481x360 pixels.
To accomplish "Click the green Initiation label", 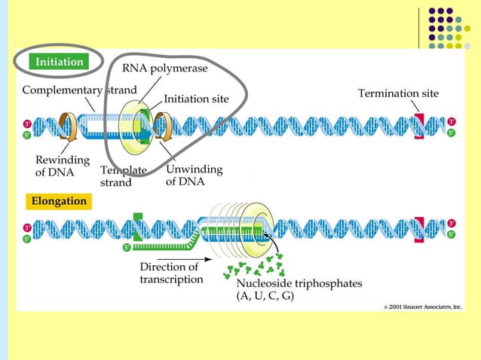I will (x=60, y=62).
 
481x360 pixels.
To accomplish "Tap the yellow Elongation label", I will (x=59, y=201).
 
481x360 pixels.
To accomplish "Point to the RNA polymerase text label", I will (x=165, y=68).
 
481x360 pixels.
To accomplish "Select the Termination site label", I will (x=398, y=93).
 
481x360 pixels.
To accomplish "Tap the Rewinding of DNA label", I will (x=63, y=165).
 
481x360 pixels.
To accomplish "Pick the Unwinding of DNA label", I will (x=194, y=175).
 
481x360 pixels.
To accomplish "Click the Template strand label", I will (x=124, y=175).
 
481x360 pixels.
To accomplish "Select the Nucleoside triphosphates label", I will (x=299, y=283).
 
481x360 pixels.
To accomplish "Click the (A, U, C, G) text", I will (x=265, y=296).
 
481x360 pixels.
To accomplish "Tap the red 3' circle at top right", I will (x=452, y=121).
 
